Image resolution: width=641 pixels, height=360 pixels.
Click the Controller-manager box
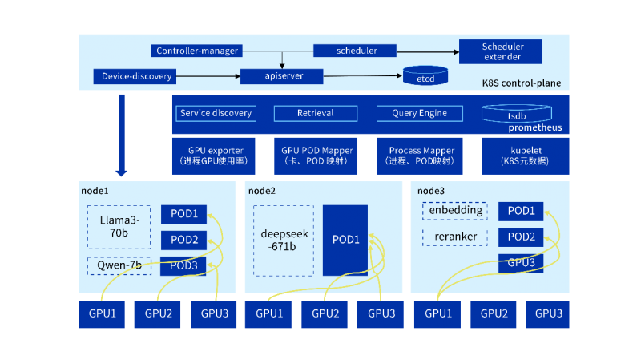pos(197,51)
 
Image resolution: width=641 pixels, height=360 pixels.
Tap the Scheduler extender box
pos(502,51)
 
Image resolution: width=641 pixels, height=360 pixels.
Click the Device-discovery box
pos(137,77)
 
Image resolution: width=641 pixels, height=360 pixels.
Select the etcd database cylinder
pos(424,77)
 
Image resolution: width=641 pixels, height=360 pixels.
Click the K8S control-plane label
pos(521,83)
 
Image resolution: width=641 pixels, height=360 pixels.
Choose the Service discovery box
pos(216,114)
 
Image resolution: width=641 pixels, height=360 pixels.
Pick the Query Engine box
pos(420,114)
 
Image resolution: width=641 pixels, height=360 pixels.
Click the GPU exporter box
pos(216,156)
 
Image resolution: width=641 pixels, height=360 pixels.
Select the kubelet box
pos(525,156)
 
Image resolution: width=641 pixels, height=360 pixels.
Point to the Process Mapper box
pos(421,156)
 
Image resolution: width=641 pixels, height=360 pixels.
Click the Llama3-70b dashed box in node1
pos(119,226)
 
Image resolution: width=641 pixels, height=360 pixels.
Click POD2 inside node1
pos(184,240)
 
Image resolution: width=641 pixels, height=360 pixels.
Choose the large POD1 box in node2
pos(345,240)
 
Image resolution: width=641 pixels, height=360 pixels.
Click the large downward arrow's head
pos(122,171)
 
